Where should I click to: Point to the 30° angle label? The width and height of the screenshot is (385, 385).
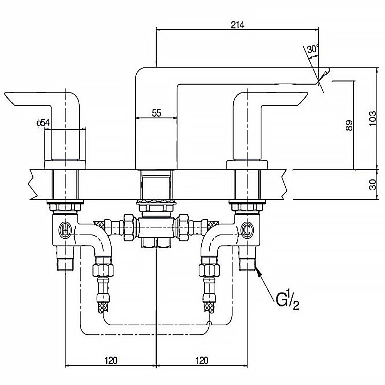coord(313,49)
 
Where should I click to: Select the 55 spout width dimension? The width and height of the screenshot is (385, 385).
coord(156,113)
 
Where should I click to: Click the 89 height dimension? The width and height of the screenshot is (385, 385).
coord(349,126)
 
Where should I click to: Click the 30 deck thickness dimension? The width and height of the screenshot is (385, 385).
coord(372,185)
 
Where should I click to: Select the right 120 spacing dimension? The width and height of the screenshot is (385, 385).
coord(201,360)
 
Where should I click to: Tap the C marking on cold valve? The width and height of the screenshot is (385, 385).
coord(246,230)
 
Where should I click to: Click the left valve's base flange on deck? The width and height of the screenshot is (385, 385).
coord(64,164)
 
